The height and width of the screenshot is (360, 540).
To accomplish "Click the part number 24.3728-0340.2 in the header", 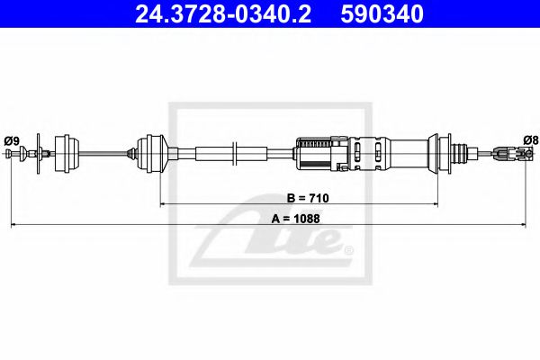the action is coord(223,14).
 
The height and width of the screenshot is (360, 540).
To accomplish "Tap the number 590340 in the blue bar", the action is coord(382,14).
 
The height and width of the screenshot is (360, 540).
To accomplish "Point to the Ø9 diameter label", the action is coord(12,141).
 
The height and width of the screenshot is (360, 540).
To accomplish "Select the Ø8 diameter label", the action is coord(530,140).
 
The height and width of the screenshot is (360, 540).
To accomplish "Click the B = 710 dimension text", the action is coord(308,198).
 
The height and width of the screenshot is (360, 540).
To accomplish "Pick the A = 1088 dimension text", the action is coord(295,219).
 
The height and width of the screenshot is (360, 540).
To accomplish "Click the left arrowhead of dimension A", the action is coord(13,225).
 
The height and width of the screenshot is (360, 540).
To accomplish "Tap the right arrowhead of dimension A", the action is coord(524,225).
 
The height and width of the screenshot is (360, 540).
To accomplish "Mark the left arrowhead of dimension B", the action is coord(163,204).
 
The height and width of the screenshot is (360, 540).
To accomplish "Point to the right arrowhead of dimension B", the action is coord(436,204).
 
